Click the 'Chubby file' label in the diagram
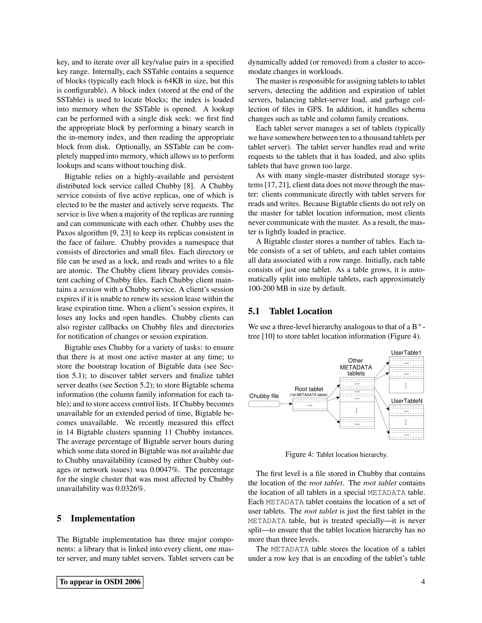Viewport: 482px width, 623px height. point(264,396)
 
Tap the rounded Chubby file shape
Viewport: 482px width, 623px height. point(264,404)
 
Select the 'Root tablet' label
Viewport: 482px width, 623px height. point(309,389)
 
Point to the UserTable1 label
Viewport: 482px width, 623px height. point(406,353)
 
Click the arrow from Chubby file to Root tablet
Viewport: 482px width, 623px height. point(286,404)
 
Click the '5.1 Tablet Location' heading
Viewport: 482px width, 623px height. point(290,311)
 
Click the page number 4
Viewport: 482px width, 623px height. point(423,582)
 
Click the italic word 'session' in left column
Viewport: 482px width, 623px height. point(90,290)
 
